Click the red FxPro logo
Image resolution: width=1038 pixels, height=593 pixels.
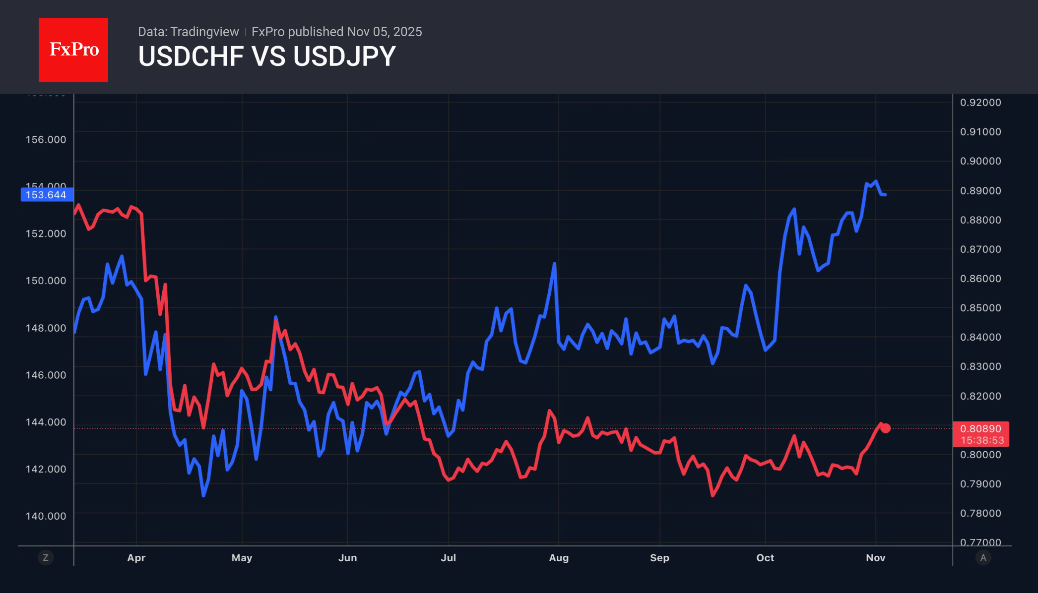click(x=73, y=50)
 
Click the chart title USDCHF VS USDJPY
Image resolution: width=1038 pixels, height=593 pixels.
click(x=266, y=57)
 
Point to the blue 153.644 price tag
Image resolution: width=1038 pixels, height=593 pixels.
click(x=47, y=195)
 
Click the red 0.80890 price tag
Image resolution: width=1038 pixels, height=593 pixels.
click(x=980, y=429)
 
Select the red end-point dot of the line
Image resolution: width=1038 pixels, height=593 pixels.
click(x=886, y=428)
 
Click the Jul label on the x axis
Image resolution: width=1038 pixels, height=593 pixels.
click(x=448, y=558)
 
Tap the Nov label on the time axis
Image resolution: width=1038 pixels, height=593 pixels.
click(x=875, y=558)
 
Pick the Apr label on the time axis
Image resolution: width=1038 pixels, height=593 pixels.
click(x=136, y=558)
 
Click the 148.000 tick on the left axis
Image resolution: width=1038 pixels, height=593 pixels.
click(x=46, y=328)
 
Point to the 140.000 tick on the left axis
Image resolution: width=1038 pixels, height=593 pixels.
click(x=46, y=516)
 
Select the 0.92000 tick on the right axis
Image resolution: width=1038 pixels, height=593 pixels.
click(x=980, y=103)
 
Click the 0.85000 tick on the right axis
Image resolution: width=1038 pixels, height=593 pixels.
click(x=980, y=308)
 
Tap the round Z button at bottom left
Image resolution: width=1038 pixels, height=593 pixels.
click(x=46, y=558)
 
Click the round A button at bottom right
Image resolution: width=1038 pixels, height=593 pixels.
click(x=983, y=558)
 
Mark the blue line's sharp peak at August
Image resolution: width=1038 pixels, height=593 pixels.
click(x=554, y=264)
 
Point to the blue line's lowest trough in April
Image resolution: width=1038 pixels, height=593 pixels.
click(x=203, y=495)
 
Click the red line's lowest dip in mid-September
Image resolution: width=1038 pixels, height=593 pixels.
click(x=713, y=495)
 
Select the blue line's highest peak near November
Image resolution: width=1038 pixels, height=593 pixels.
click(x=876, y=181)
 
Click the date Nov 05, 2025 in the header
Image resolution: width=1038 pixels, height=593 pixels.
click(x=384, y=32)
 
